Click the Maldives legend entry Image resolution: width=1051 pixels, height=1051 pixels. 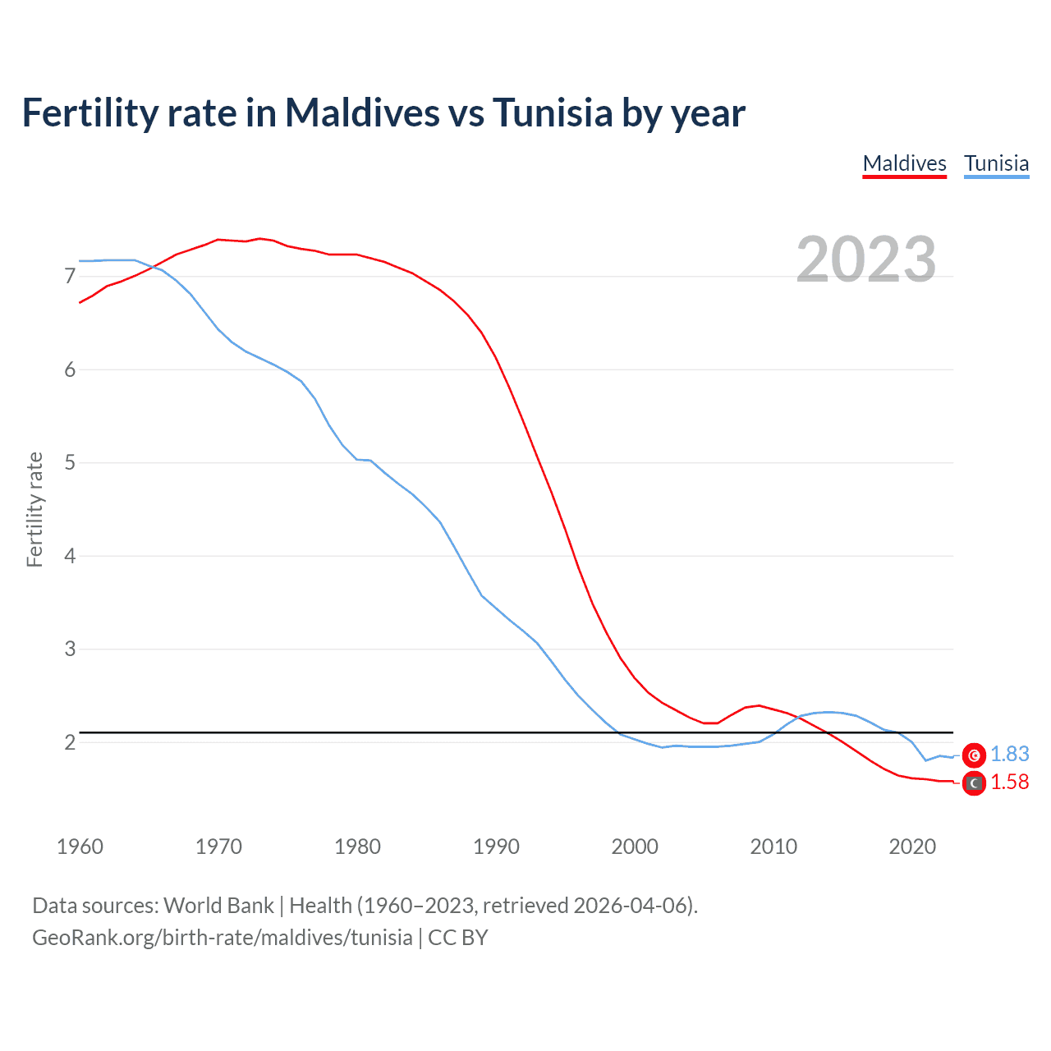pyautogui.click(x=904, y=163)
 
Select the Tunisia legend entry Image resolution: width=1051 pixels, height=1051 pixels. pyautogui.click(x=996, y=163)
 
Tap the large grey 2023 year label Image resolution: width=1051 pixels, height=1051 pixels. pyautogui.click(x=865, y=259)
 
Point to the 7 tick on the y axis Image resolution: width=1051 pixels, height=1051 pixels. pyautogui.click(x=70, y=277)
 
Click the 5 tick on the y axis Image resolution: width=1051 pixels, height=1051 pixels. pyautogui.click(x=70, y=463)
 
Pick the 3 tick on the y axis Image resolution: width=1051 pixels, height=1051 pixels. pyautogui.click(x=70, y=649)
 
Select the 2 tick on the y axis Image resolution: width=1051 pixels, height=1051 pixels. pyautogui.click(x=70, y=742)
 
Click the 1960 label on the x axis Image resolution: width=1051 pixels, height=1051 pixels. pyautogui.click(x=80, y=847)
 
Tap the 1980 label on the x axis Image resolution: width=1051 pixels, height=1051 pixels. pyautogui.click(x=357, y=847)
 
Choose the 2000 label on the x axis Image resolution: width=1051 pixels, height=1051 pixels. pyautogui.click(x=635, y=847)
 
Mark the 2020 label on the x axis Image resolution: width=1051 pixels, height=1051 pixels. pyautogui.click(x=912, y=847)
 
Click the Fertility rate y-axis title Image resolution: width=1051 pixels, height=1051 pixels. pyautogui.click(x=34, y=509)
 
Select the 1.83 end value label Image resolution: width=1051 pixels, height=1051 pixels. pyautogui.click(x=1009, y=755)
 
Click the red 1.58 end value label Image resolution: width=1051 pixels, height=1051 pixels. pyautogui.click(x=1009, y=783)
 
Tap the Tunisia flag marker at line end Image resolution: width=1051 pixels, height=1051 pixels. pyautogui.click(x=974, y=755)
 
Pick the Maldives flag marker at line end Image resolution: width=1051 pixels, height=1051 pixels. pyautogui.click(x=974, y=783)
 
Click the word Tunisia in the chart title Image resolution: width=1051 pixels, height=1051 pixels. pyautogui.click(x=553, y=112)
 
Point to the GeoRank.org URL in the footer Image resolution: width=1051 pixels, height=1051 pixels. pyautogui.click(x=222, y=938)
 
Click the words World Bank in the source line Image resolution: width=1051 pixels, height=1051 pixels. pyautogui.click(x=218, y=906)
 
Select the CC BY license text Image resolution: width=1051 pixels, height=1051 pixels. pyautogui.click(x=457, y=938)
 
